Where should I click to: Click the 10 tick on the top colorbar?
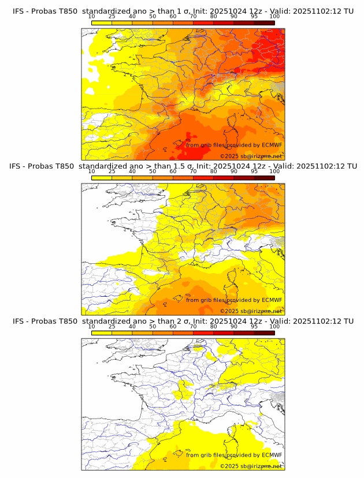(92, 17)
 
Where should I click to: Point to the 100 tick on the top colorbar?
(274, 17)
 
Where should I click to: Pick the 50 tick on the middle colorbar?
(153, 171)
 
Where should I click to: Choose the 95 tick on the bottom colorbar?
(254, 326)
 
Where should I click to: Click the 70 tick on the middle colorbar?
(193, 171)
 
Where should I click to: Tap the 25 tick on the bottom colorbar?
(112, 326)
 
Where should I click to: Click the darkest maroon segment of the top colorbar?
(264, 23)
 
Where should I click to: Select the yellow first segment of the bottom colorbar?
(102, 333)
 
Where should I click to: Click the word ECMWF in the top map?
(272, 145)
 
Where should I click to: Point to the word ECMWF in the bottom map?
(272, 455)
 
